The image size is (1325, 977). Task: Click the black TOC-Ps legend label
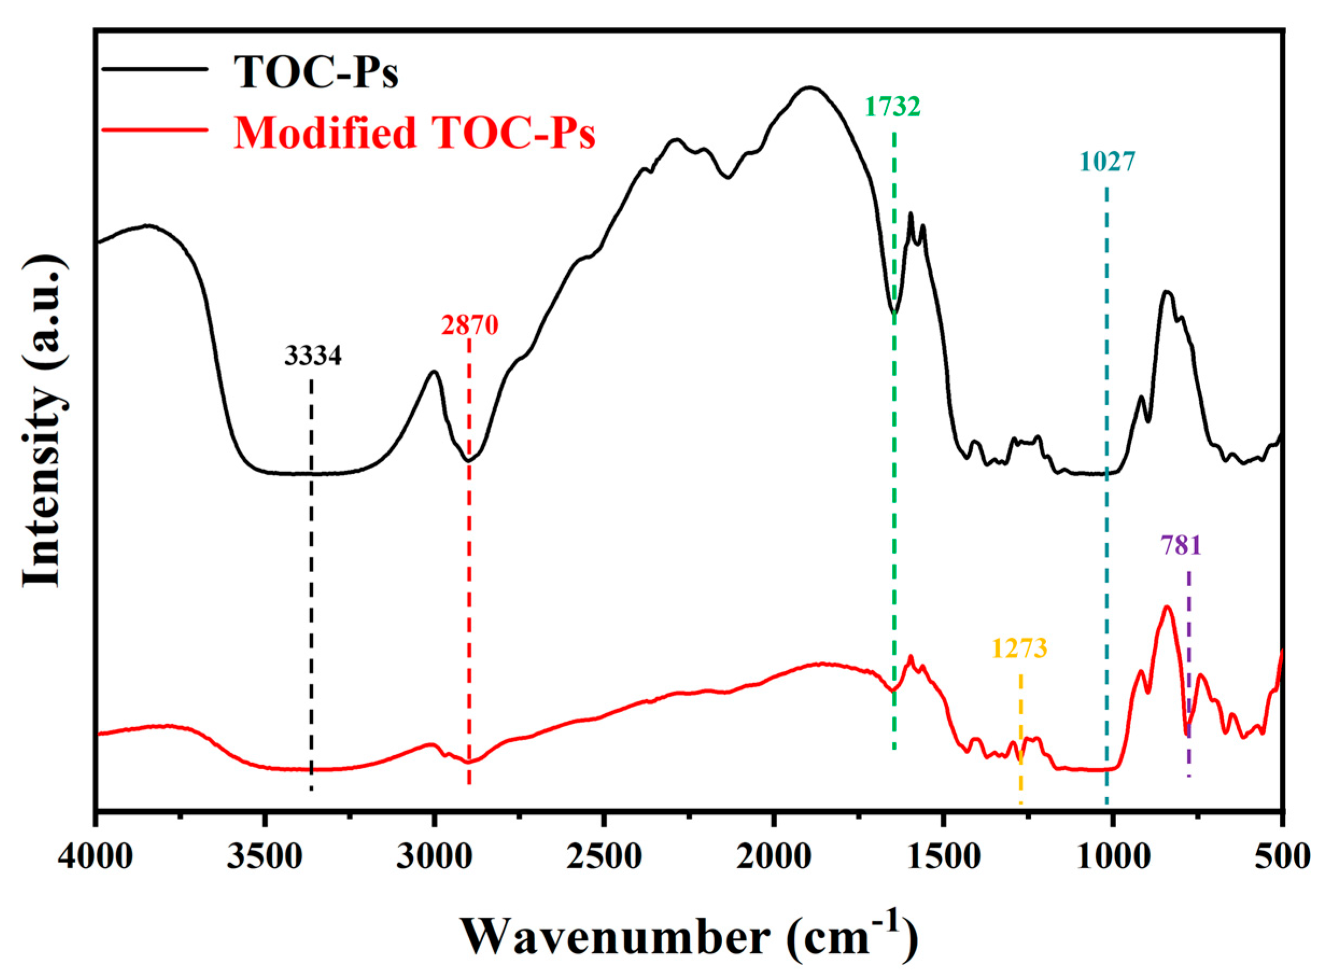tap(316, 72)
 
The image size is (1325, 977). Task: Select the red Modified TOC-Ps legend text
tap(414, 132)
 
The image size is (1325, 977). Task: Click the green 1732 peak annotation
tap(893, 107)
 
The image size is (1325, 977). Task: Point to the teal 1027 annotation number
tap(1108, 161)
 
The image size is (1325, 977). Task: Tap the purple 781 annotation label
tap(1182, 545)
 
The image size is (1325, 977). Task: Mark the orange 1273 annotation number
tap(1019, 649)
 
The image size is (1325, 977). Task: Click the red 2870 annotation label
tap(470, 325)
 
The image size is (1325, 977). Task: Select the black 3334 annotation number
tap(313, 356)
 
